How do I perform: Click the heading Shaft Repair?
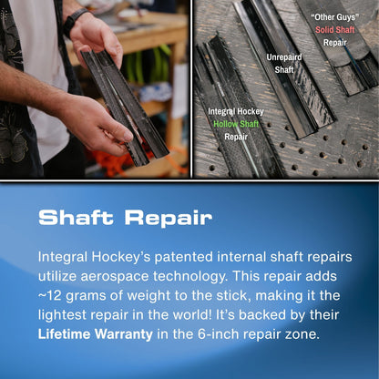coord(125,218)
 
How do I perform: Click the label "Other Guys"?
coord(334,16)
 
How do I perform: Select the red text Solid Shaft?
coord(335,29)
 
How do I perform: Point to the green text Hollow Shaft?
coord(236,122)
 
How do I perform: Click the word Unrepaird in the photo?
coord(284,56)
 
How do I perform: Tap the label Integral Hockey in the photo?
coord(236,110)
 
